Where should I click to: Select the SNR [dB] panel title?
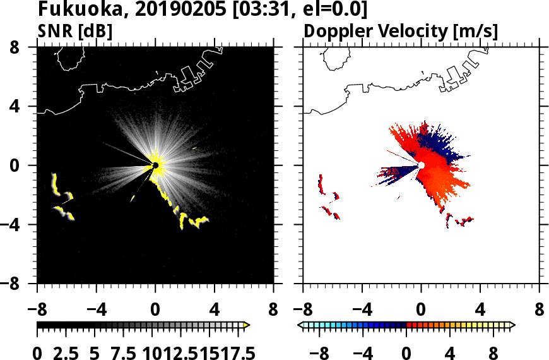[74, 30]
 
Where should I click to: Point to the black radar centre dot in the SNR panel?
[155, 165]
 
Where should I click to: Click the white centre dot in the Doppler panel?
[421, 165]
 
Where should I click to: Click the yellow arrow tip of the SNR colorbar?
[247, 325]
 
